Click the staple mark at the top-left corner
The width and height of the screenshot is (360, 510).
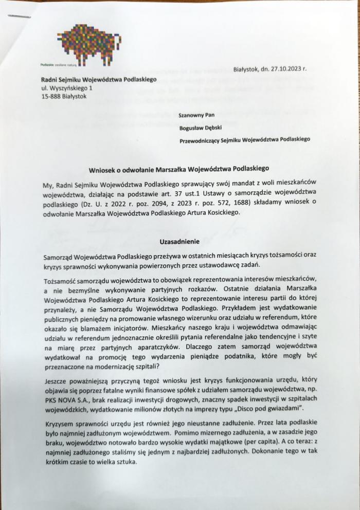20,17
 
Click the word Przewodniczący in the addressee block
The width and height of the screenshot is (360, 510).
205,139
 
